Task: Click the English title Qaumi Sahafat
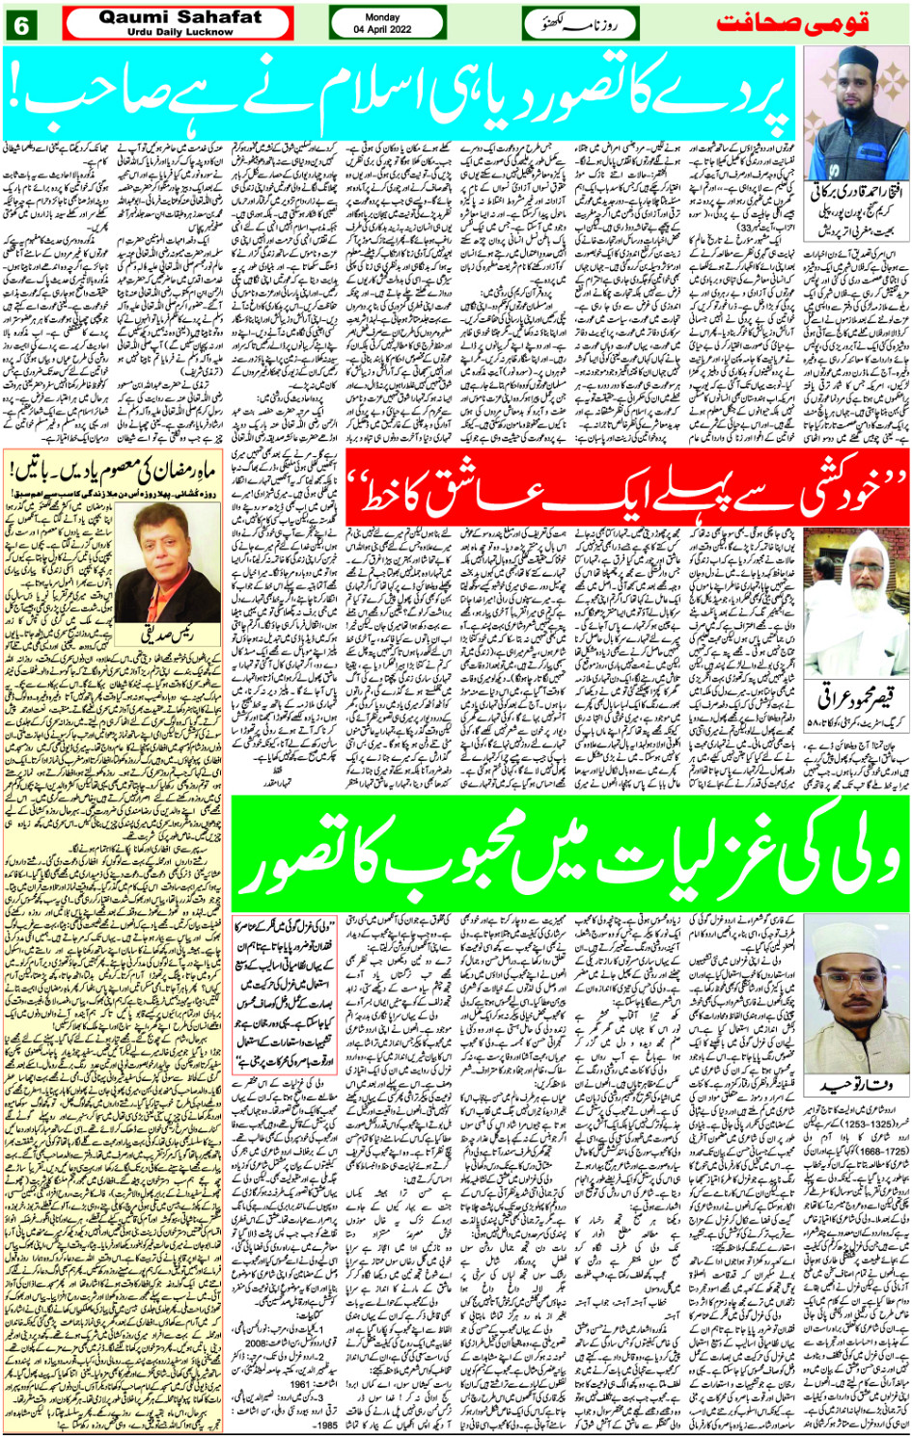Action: (180, 17)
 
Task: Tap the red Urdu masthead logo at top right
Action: (809, 23)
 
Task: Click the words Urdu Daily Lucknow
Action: (180, 32)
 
